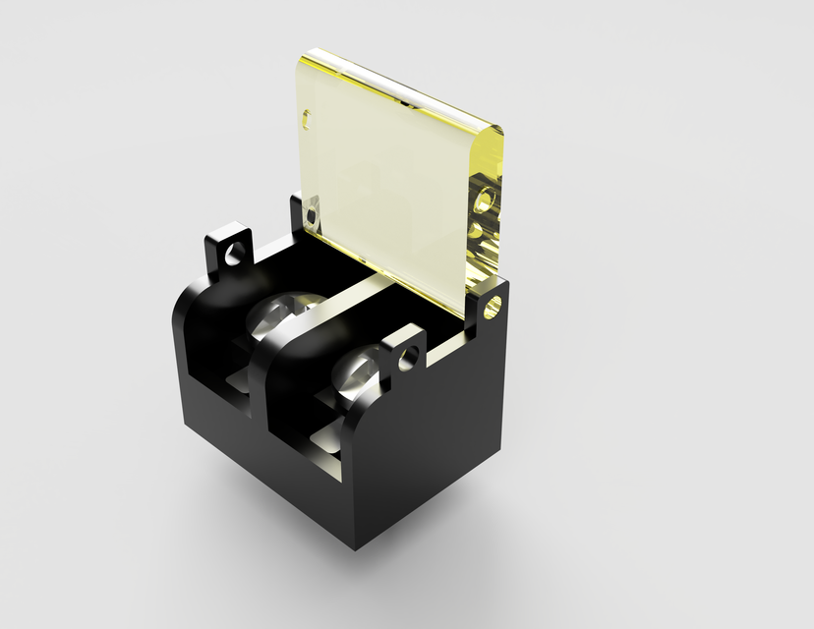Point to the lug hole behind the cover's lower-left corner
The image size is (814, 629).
pyautogui.click(x=313, y=212)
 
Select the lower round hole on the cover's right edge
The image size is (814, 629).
pyautogui.click(x=478, y=233)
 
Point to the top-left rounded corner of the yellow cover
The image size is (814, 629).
pyautogui.click(x=303, y=61)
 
